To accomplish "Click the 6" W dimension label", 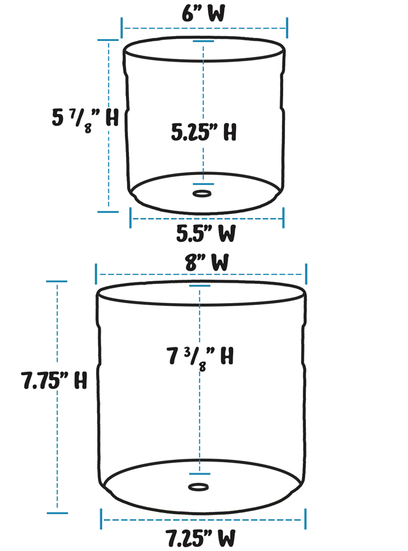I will pyautogui.click(x=203, y=13).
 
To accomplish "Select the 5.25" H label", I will pyautogui.click(x=204, y=132).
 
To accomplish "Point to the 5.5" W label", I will pyautogui.click(x=206, y=233).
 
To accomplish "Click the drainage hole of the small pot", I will pyautogui.click(x=201, y=194).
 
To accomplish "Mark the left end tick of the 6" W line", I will pyautogui.click(x=122, y=28).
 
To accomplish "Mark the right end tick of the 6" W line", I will pyautogui.click(x=287, y=28).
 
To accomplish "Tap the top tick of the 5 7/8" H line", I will pyautogui.click(x=108, y=40).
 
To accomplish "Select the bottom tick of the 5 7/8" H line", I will pyautogui.click(x=108, y=212).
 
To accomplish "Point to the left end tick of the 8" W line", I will pyautogui.click(x=96, y=274).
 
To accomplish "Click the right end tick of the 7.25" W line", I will pyautogui.click(x=305, y=519).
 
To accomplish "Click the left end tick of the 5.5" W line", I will pyautogui.click(x=130, y=217).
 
